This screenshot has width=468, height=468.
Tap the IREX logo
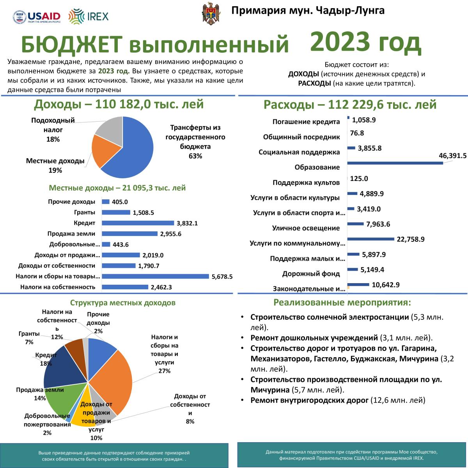click(89, 16)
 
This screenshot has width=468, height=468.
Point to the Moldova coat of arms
click(211, 14)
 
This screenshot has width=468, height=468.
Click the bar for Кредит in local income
click(138, 223)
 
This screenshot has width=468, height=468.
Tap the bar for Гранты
click(116, 213)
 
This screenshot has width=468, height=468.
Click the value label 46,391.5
click(452, 156)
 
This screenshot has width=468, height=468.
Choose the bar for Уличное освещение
click(355, 224)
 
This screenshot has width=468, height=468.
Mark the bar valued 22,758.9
click(370, 239)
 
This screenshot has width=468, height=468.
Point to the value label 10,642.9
click(386, 285)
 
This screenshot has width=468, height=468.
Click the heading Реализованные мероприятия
click(342, 303)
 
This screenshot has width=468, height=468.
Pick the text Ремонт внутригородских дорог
click(309, 400)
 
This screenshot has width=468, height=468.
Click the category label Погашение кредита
click(306, 122)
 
